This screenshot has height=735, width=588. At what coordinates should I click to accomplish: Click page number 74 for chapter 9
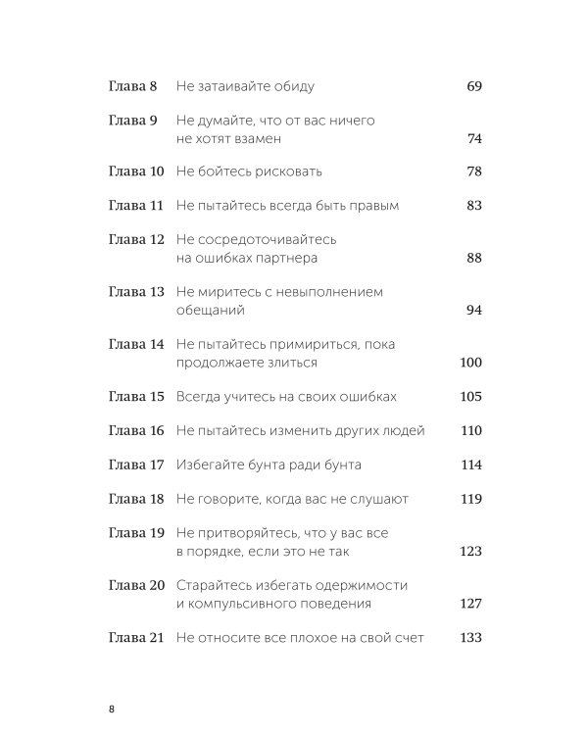point(474,139)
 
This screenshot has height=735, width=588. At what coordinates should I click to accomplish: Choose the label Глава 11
point(135,207)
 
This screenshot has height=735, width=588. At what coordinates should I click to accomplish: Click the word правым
point(370,207)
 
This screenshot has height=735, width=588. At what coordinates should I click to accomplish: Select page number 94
point(474,310)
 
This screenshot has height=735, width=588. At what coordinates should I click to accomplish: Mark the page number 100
point(470,363)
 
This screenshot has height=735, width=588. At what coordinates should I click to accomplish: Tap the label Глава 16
point(135,431)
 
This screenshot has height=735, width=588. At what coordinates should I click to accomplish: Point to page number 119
point(470,499)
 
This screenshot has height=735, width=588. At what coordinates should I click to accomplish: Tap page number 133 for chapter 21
point(470,637)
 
